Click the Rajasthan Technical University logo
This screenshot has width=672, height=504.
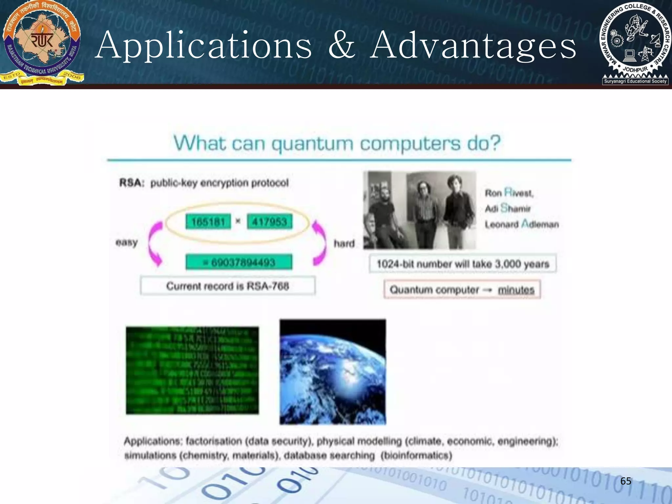point(42,43)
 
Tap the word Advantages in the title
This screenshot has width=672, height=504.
point(473,46)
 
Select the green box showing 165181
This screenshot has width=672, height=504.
point(208,222)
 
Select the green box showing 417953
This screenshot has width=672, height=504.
point(269,222)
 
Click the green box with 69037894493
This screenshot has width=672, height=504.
point(239,262)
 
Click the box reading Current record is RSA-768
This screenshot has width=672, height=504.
point(228,286)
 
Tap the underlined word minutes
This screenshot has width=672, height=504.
point(516,290)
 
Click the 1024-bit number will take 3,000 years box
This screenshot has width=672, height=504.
point(463,264)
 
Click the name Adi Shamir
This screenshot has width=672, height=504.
point(508,208)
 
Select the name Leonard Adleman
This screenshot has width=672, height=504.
point(522,224)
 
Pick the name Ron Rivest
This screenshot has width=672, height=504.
point(509,193)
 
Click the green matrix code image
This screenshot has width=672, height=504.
point(192,370)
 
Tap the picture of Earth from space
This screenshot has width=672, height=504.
point(333,372)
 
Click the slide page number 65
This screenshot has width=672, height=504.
point(626,481)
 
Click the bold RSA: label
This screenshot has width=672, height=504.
point(132,183)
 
